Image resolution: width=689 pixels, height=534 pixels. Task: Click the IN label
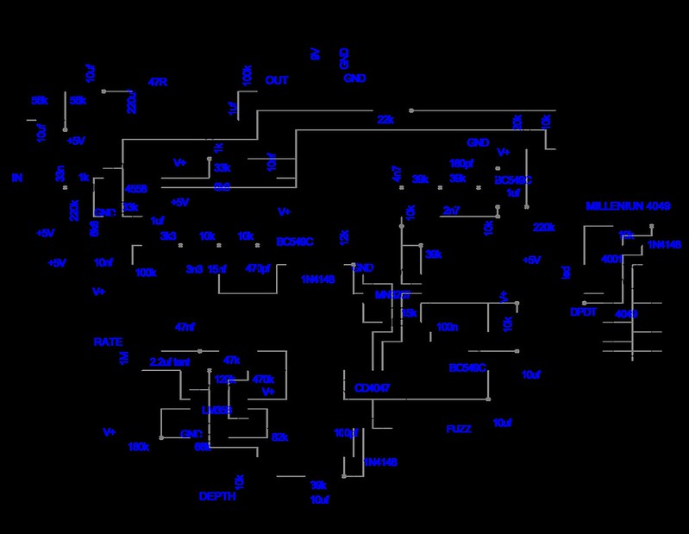pyautogui.click(x=16, y=178)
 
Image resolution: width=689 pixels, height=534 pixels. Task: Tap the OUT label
pyautogui.click(x=277, y=81)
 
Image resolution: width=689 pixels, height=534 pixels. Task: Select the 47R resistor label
pyautogui.click(x=158, y=83)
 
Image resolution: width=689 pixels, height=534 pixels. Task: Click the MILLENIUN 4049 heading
pyautogui.click(x=628, y=206)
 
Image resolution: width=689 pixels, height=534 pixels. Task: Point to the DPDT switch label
pyautogui.click(x=583, y=312)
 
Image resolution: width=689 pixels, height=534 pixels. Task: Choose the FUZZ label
pyautogui.click(x=459, y=429)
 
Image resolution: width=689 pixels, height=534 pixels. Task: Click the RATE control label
pyautogui.click(x=108, y=342)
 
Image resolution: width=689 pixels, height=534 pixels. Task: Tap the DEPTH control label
pyautogui.click(x=217, y=497)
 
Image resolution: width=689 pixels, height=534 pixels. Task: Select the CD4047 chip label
pyautogui.click(x=373, y=388)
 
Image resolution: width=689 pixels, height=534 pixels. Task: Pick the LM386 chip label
pyautogui.click(x=216, y=410)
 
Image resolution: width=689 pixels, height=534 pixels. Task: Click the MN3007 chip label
pyautogui.click(x=393, y=295)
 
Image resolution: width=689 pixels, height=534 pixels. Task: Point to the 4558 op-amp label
pyautogui.click(x=136, y=188)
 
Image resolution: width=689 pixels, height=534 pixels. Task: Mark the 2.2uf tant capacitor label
pyautogui.click(x=169, y=361)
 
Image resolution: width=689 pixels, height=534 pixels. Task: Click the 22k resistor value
pyautogui.click(x=385, y=120)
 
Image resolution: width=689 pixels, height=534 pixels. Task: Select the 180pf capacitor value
pyautogui.click(x=461, y=162)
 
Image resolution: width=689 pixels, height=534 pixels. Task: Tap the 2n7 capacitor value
pyautogui.click(x=451, y=210)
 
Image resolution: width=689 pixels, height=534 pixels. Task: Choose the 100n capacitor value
pyautogui.click(x=448, y=328)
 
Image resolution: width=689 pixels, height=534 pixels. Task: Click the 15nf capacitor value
pyautogui.click(x=217, y=269)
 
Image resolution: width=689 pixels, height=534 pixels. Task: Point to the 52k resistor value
pyautogui.click(x=279, y=437)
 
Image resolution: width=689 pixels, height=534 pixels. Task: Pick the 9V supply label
pyautogui.click(x=316, y=54)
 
